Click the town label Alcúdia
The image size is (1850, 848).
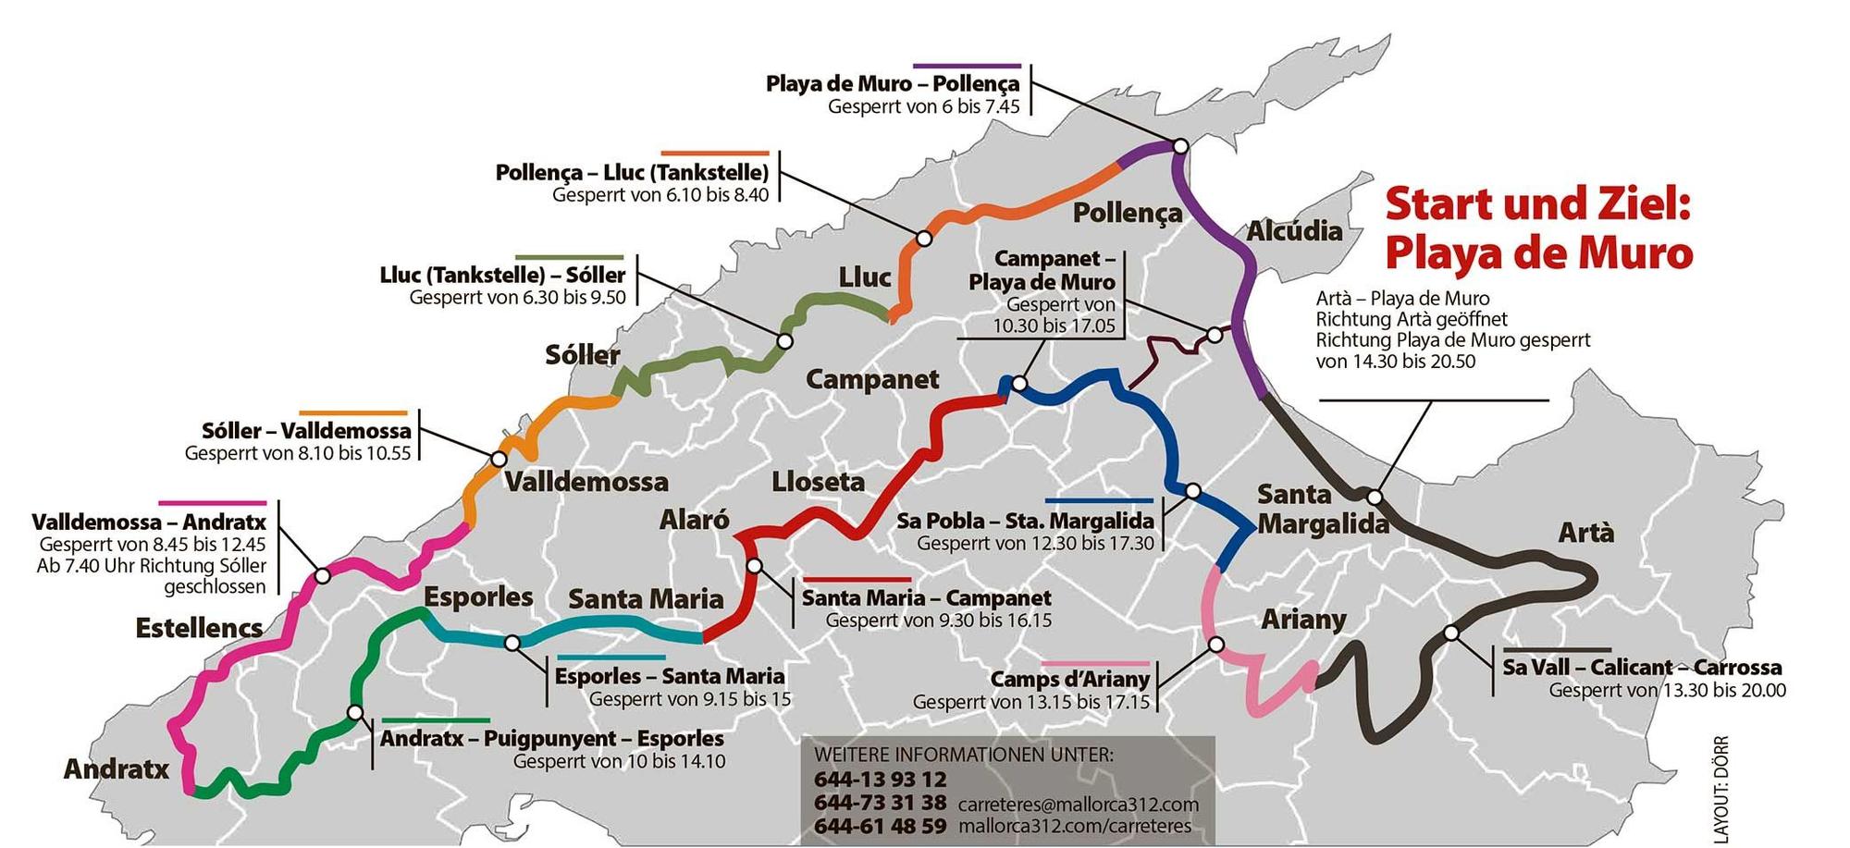[1293, 231]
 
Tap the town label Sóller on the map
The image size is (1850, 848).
[582, 355]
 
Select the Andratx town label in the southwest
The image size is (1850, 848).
[116, 769]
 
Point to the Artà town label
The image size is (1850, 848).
[1585, 533]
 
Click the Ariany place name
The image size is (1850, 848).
[1302, 619]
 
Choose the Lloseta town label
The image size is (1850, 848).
[818, 482]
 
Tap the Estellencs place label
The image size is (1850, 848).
[199, 629]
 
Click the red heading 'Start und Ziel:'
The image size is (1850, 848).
[1537, 204]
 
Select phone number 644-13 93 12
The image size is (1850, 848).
[880, 780]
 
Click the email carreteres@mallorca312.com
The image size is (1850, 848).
[1078, 805]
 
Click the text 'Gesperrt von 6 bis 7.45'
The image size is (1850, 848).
[923, 106]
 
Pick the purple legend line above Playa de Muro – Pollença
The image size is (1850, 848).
[967, 67]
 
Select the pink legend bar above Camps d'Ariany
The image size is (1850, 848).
[1095, 664]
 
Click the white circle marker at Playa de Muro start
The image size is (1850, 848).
[1179, 146]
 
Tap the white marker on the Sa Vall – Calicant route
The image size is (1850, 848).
[1450, 633]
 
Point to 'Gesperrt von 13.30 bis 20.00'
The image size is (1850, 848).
[1667, 691]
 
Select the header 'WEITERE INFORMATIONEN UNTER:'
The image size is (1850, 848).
[963, 755]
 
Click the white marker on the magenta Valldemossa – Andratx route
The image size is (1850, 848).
[322, 575]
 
